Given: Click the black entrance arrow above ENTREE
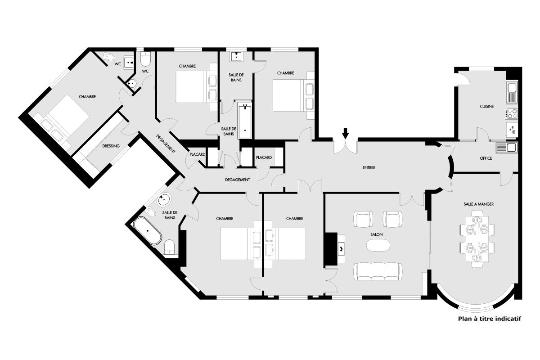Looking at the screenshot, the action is [345, 133].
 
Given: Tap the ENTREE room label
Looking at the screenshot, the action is [369, 167].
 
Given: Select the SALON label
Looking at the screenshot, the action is [376, 234].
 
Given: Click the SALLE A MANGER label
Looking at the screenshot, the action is [478, 204].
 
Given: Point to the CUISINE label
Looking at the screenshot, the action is [486, 106].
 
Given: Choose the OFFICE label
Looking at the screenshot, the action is [486, 158].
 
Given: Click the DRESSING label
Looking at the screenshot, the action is [111, 146].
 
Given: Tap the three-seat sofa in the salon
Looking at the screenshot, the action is [378, 271].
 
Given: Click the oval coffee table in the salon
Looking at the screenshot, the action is [378, 245].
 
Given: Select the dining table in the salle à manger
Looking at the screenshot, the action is [477, 239].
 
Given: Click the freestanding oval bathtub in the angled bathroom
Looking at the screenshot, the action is [148, 231].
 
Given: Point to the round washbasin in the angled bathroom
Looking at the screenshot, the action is [164, 199].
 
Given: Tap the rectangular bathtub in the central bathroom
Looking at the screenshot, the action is [245, 120].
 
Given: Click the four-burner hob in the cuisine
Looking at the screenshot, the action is [511, 114].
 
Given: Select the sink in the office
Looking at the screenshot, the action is [507, 147].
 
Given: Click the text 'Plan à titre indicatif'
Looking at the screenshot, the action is [490, 319].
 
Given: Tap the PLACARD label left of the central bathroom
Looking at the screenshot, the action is [197, 154].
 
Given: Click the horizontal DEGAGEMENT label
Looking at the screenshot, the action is [238, 180].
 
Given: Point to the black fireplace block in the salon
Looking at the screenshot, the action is [331, 249].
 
